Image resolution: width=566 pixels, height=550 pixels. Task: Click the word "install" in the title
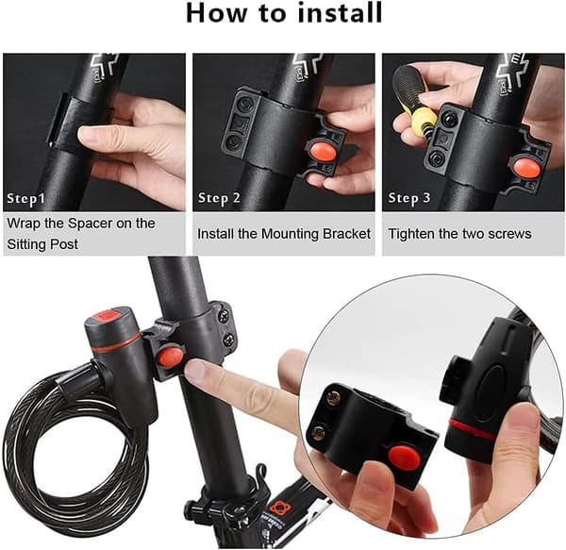coord(340,12)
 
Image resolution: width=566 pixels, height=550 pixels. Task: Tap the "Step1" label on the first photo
coord(26,199)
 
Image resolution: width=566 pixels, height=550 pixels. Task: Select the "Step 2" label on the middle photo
coord(219,198)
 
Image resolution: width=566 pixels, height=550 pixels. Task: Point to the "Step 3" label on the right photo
coord(409,198)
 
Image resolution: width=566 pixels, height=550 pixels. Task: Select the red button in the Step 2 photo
coord(322,153)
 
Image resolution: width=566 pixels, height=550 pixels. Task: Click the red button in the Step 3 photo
coord(527,167)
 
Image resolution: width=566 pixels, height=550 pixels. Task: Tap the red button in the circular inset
coord(405,457)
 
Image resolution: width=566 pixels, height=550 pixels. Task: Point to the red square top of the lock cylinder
coord(108,316)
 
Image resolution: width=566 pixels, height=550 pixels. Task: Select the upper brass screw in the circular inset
coord(333,398)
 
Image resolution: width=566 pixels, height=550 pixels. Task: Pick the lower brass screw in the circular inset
coord(318,433)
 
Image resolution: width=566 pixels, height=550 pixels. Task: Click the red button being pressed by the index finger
coord(171,357)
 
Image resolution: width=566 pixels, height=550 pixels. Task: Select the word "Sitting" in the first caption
coord(26,244)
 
